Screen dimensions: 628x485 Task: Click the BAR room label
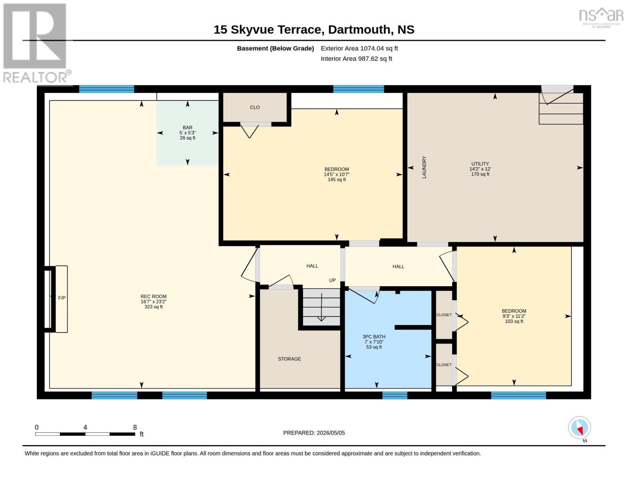[x=188, y=127]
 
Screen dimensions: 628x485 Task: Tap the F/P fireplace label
[x=62, y=298]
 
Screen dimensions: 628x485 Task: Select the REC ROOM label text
[x=153, y=296]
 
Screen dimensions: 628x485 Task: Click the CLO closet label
[x=255, y=108]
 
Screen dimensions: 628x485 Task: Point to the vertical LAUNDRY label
[x=424, y=167]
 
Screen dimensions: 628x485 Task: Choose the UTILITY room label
[x=480, y=164]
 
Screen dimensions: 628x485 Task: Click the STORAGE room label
[x=289, y=359]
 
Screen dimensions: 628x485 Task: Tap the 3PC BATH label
[x=374, y=337]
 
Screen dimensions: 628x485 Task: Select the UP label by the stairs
[x=332, y=280]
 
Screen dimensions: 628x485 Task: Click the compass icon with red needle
[x=579, y=428]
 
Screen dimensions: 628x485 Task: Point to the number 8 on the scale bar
[x=135, y=427]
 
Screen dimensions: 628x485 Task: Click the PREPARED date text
[x=314, y=433]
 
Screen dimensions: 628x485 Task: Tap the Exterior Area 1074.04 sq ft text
[x=359, y=48]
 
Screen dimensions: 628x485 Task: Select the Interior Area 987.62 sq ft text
[x=356, y=59]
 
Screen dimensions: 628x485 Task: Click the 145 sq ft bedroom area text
[x=337, y=180]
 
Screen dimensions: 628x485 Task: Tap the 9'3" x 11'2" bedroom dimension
[x=514, y=316]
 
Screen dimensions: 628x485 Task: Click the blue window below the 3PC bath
[x=395, y=395]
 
